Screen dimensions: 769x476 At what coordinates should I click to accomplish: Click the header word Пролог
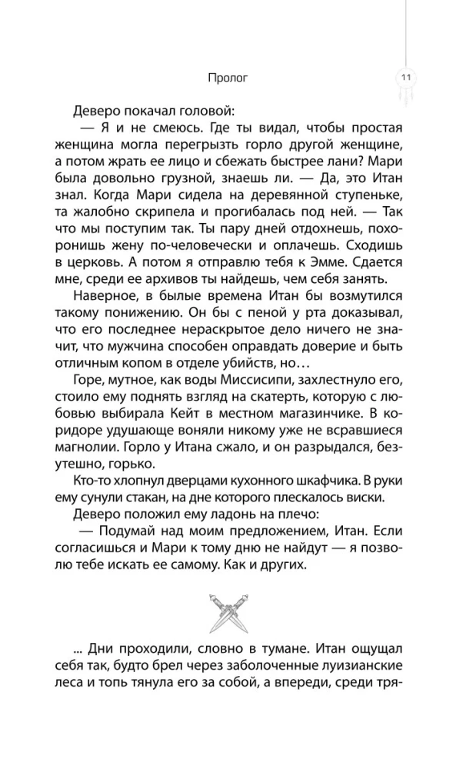tap(228, 77)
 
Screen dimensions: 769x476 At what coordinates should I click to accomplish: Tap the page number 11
tap(405, 77)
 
